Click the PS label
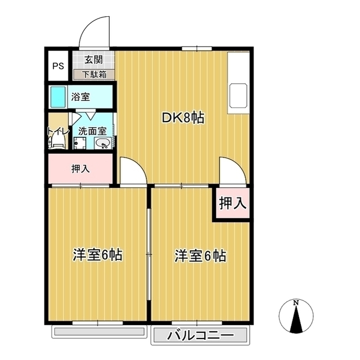tap(58, 66)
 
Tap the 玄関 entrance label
tap(94, 60)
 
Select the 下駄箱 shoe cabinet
tap(94, 75)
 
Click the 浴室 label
tap(80, 97)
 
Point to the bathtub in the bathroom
tap(58, 97)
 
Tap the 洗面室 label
tap(92, 131)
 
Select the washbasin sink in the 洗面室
tap(102, 144)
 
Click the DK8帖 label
tap(183, 118)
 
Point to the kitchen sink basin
tap(238, 95)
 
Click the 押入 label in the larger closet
tap(80, 169)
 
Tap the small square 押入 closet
tap(232, 202)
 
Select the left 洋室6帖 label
tap(97, 255)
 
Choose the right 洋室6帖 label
tap(200, 255)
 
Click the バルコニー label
tap(200, 336)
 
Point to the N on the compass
tap(296, 303)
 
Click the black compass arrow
tap(296, 319)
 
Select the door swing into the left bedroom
tap(138, 165)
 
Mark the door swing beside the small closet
tap(238, 165)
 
